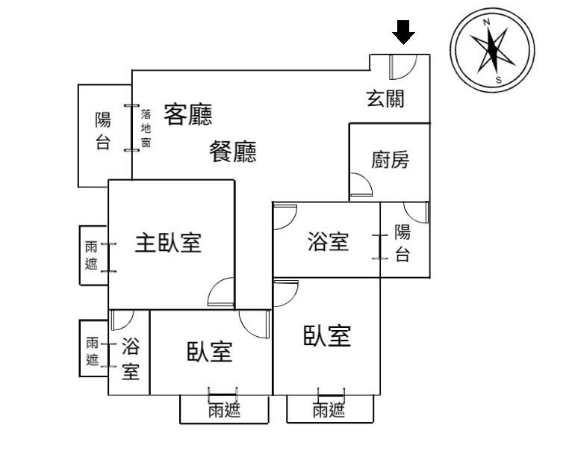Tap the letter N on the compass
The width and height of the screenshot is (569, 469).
tap(487, 22)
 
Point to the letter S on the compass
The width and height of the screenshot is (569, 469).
tap(498, 81)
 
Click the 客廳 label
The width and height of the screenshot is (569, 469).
tap(188, 114)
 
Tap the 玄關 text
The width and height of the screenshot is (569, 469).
tap(385, 98)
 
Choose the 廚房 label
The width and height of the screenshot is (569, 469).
tap(390, 160)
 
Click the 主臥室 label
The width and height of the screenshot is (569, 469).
tap(168, 243)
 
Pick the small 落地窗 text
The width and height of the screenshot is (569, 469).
tap(146, 128)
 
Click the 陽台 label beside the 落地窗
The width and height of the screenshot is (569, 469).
tap(103, 131)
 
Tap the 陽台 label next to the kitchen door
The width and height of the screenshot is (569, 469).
tap(402, 243)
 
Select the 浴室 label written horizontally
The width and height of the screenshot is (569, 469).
tap(328, 242)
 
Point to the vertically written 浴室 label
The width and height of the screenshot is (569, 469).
tap(131, 358)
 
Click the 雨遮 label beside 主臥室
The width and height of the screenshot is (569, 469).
tap(92, 255)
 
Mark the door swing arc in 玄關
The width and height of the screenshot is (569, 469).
tap(401, 68)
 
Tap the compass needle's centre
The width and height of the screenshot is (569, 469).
tap(492, 51)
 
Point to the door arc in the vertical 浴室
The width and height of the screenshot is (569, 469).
tap(119, 321)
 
